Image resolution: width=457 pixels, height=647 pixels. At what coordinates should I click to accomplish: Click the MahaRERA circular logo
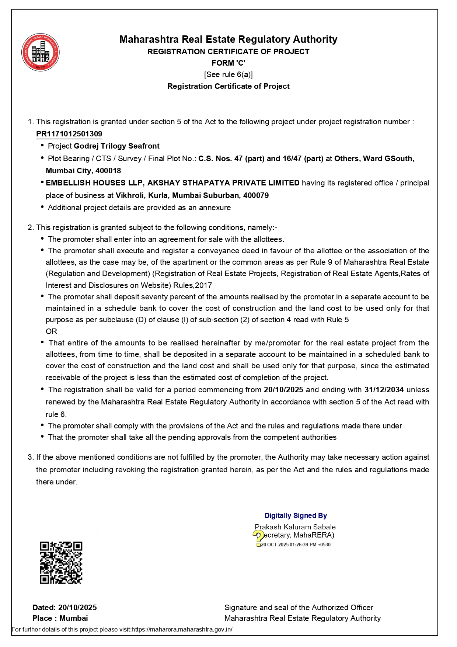(x=41, y=52)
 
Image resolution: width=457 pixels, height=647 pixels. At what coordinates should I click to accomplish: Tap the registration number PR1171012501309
(x=69, y=134)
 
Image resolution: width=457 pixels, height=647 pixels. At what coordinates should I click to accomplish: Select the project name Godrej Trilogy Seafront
(x=116, y=146)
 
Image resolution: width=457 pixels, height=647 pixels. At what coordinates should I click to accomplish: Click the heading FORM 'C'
(x=228, y=63)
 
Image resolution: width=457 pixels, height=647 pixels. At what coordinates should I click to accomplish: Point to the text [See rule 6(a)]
(x=228, y=74)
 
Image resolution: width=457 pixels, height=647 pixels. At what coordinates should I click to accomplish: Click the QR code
(x=61, y=563)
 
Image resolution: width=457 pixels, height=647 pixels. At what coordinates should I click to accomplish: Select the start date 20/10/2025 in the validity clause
(x=283, y=390)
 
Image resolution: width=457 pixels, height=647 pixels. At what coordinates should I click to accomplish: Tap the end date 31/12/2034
(x=384, y=390)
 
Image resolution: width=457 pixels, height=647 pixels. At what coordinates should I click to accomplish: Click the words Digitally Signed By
(x=296, y=515)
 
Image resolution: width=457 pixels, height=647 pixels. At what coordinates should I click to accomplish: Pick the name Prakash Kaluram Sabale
(x=295, y=527)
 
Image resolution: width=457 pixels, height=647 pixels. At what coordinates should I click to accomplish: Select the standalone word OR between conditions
(x=51, y=331)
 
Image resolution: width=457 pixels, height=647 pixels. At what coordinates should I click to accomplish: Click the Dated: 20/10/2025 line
(x=64, y=607)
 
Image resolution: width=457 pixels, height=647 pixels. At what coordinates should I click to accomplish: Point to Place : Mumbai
(x=60, y=618)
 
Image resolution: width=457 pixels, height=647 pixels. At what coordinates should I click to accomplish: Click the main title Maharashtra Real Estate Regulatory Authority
(x=228, y=39)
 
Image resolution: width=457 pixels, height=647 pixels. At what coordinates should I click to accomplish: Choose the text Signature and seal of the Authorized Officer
(x=299, y=607)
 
